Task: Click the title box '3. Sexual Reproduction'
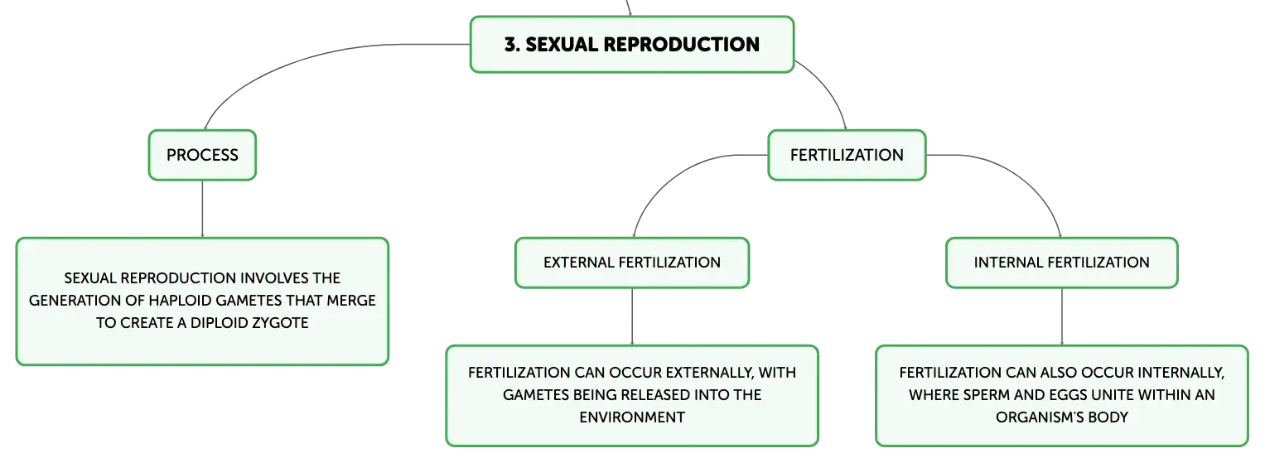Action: (x=632, y=44)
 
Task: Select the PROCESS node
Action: (x=202, y=155)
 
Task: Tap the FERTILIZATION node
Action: (x=847, y=155)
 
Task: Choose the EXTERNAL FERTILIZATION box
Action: (x=632, y=263)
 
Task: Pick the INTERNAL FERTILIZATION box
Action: (x=1062, y=263)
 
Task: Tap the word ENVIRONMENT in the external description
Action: (x=632, y=417)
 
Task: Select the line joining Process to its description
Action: (x=202, y=209)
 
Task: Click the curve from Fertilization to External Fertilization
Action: (x=672, y=175)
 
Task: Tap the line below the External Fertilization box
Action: (x=632, y=316)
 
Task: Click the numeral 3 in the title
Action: (x=510, y=45)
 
